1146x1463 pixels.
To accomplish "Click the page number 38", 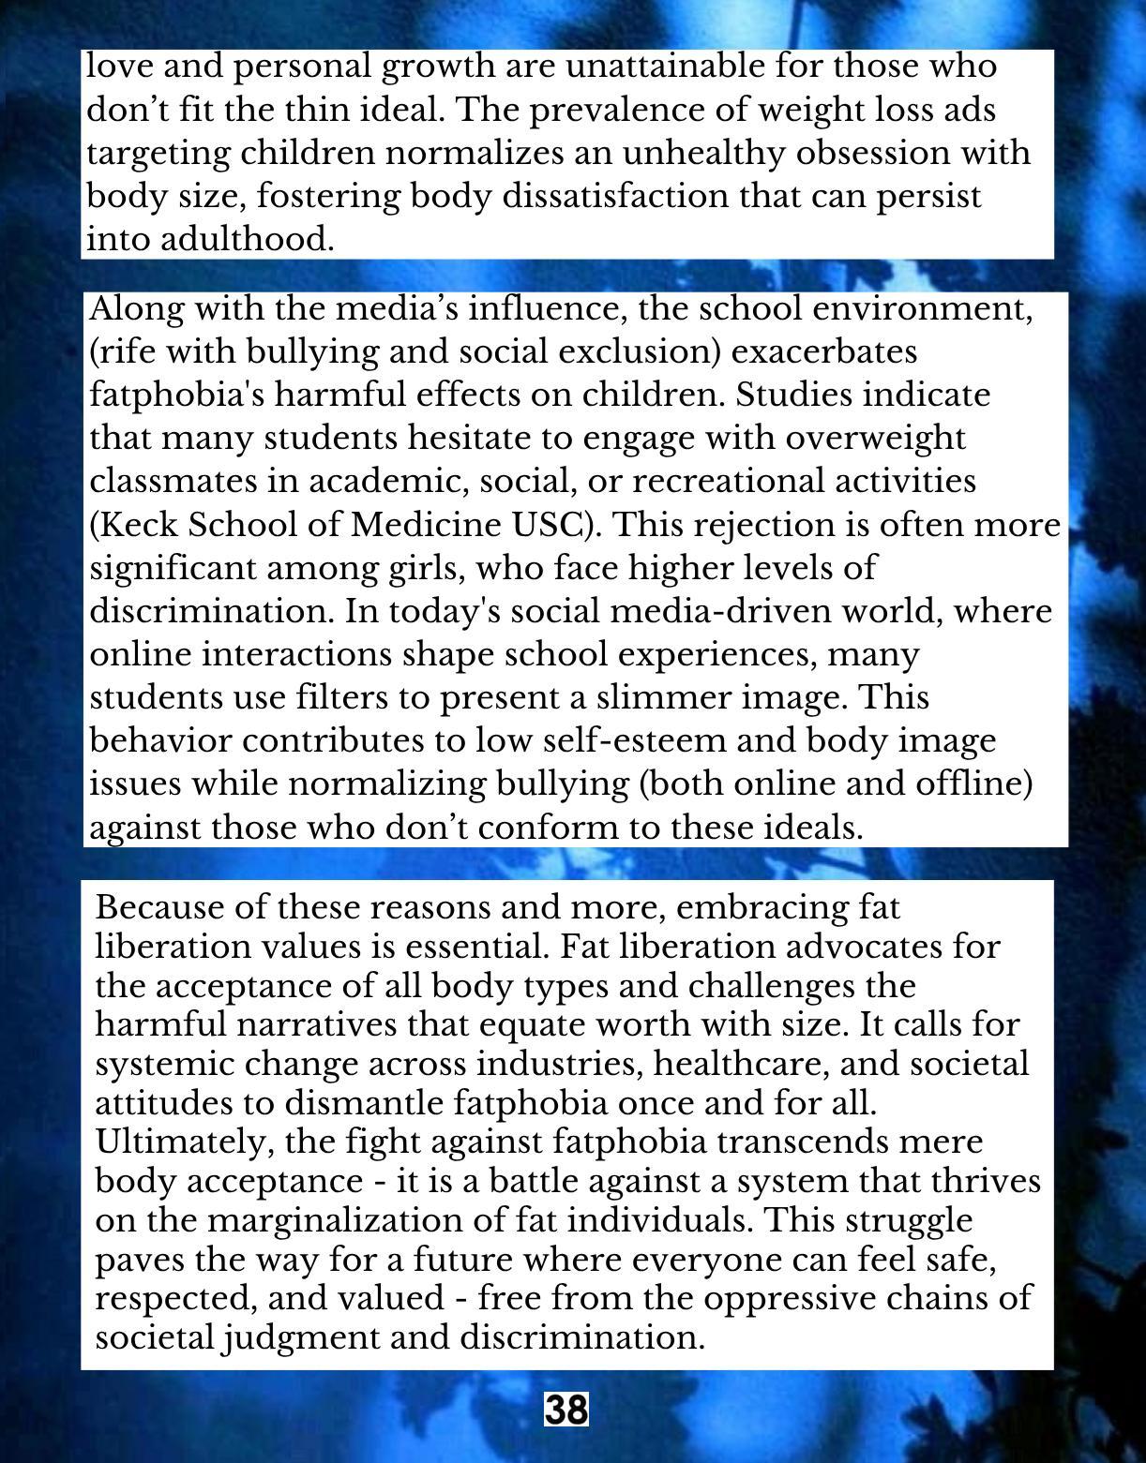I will (x=566, y=1409).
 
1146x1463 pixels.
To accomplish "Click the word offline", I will (x=974, y=784).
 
